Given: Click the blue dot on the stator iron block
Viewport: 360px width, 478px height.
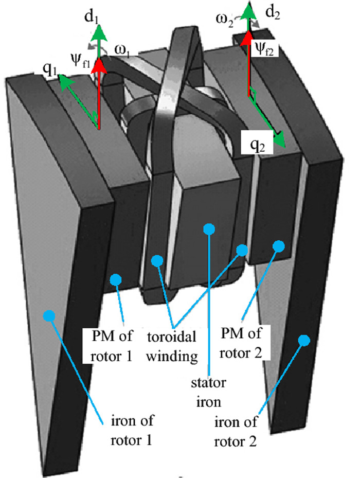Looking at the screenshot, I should [x=208, y=229].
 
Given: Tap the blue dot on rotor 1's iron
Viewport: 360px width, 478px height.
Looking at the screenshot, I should [x=49, y=315].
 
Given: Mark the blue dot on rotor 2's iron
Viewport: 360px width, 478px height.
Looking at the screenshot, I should [x=304, y=340].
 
